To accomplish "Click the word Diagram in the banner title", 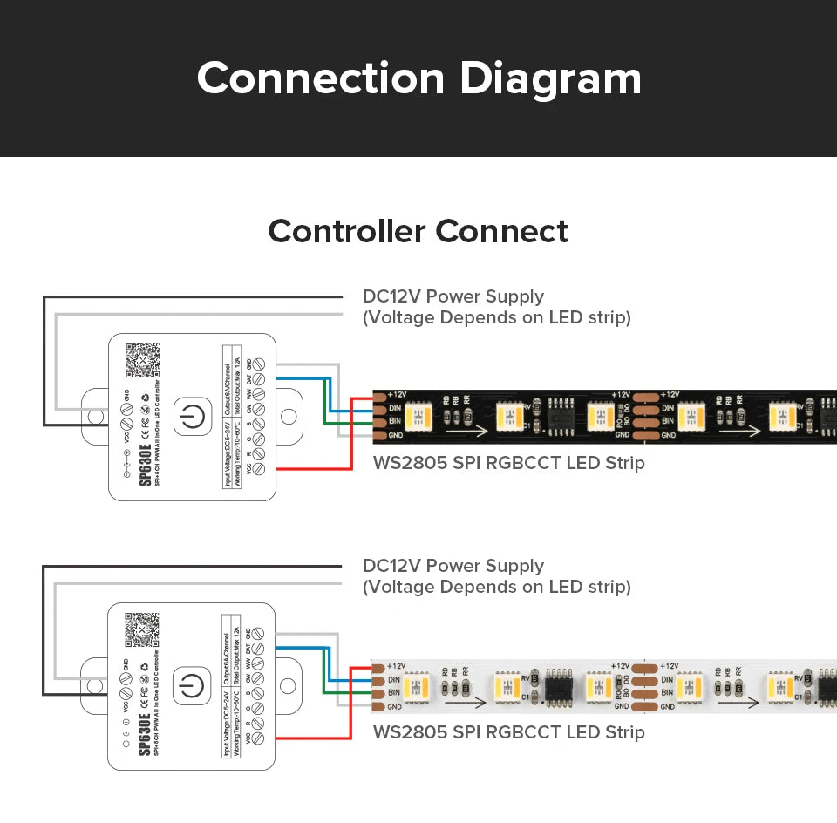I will pos(550,78).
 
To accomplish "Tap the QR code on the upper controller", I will pos(143,359).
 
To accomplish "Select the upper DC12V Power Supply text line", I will pos(453,296).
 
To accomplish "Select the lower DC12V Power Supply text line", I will pos(453,567).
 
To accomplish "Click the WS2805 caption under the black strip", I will pos(508,463).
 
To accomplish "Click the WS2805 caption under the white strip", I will pos(508,732).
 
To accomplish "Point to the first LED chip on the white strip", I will pos(418,684).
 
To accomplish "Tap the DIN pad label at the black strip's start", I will pos(395,407).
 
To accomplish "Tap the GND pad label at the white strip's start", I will pos(395,706).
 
